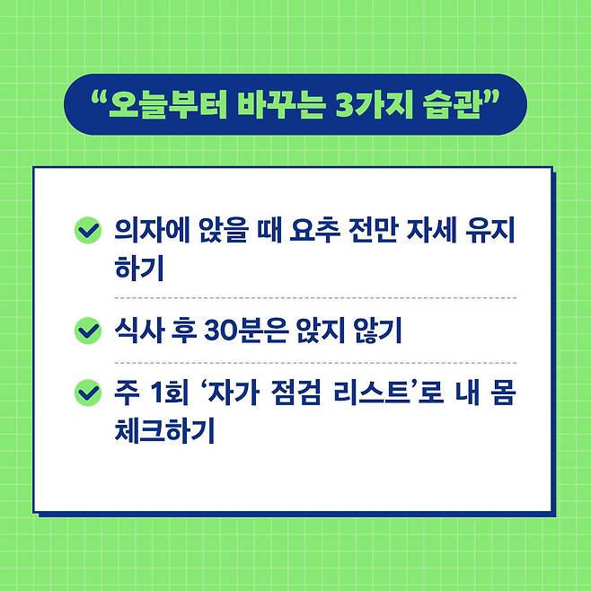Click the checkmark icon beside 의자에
pyautogui.click(x=86, y=231)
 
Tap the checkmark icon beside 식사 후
pyautogui.click(x=86, y=331)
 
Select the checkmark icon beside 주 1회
pyautogui.click(x=86, y=393)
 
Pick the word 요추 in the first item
pyautogui.click(x=317, y=232)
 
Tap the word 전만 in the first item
pyautogui.click(x=381, y=232)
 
